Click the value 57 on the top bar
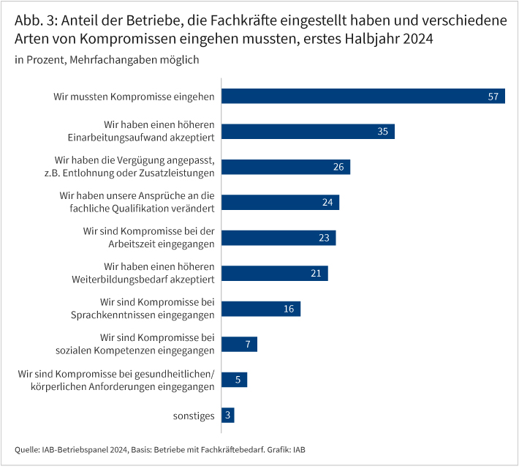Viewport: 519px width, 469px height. (x=493, y=97)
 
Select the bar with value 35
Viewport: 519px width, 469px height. (x=307, y=132)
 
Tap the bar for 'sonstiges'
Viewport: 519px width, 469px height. (x=227, y=416)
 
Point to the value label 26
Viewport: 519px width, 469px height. (x=338, y=167)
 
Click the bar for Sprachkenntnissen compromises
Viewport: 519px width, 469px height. (x=260, y=309)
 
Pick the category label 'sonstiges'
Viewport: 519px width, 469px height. (x=194, y=416)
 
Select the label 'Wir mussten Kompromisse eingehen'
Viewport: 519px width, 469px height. (x=134, y=97)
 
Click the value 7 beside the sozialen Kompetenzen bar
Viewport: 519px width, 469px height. (x=248, y=345)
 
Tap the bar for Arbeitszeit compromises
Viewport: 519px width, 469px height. (x=278, y=238)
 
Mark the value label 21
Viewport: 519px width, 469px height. (x=316, y=274)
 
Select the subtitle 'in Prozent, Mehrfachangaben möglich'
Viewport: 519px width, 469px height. (x=107, y=60)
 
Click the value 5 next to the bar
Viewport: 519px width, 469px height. (x=238, y=380)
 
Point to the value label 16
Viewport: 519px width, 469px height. (x=289, y=309)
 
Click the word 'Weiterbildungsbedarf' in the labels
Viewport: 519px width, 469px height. (x=121, y=279)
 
